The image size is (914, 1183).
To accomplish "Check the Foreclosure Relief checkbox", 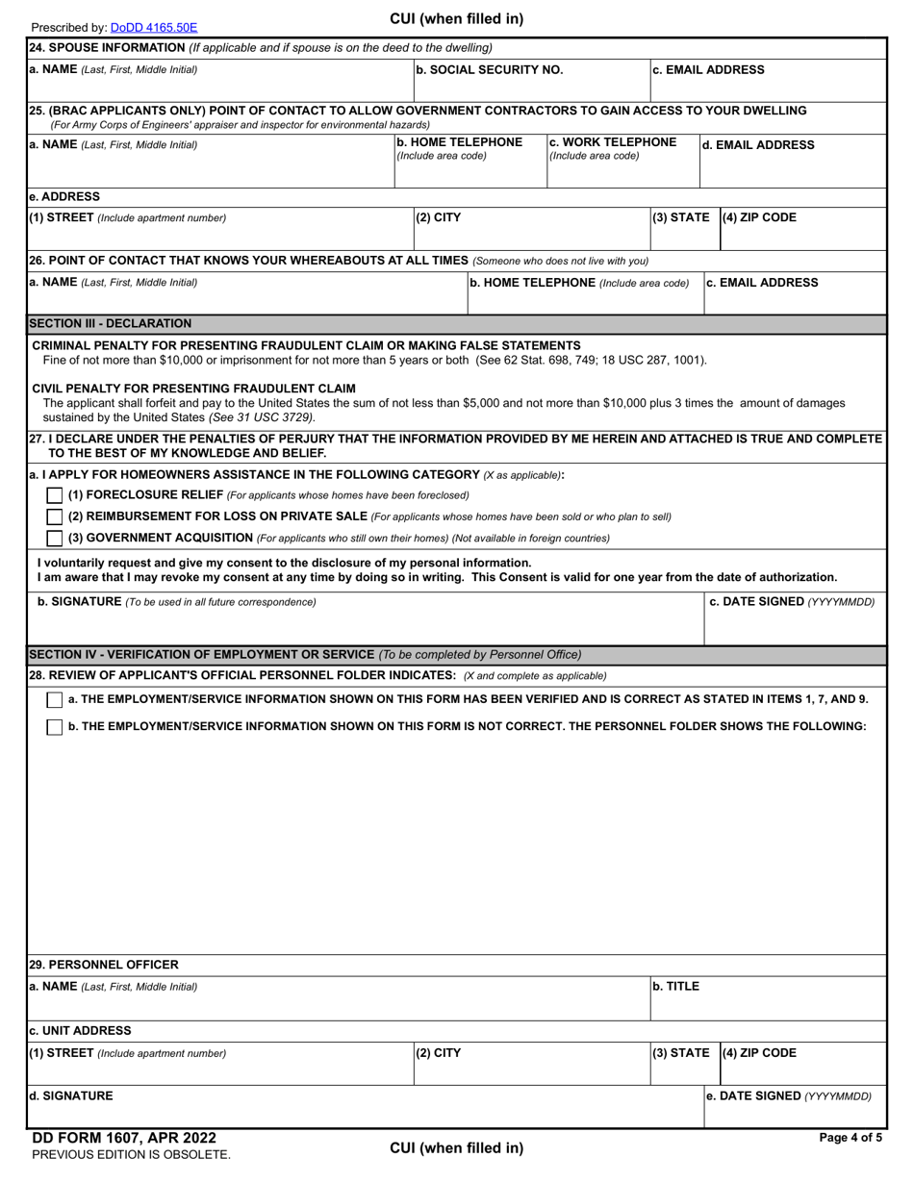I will click(55, 495).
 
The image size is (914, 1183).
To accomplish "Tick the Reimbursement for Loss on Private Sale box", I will click(55, 516).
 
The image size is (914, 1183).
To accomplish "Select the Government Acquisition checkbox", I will click(55, 538).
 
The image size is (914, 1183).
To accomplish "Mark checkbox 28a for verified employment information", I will click(55, 699).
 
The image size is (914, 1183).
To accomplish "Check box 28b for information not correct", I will click(55, 726).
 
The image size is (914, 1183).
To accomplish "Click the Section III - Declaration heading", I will click(111, 323).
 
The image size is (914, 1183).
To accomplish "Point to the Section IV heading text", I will click(305, 654).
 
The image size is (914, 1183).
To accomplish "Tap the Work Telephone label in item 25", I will click(612, 142).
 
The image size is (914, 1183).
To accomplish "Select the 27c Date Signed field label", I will click(792, 602).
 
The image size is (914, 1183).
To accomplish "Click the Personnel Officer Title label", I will click(676, 986).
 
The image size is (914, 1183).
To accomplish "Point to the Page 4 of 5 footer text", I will click(850, 1138).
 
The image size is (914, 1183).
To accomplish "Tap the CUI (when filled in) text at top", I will click(456, 19).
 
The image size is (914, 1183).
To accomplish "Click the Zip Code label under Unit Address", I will click(759, 1052).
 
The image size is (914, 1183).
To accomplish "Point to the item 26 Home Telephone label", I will click(579, 283).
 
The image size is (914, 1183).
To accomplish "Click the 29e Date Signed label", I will click(789, 1095).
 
